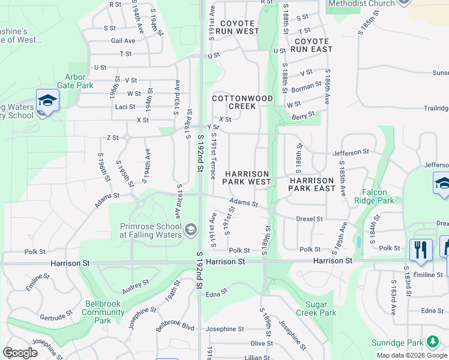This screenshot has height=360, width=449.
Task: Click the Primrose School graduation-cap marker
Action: [191, 229]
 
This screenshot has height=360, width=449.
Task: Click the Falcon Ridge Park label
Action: [375, 196]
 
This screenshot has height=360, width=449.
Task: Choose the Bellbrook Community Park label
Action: [103, 312]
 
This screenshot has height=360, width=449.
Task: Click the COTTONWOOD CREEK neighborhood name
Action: [243, 102]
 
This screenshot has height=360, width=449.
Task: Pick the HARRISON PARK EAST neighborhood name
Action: [312, 184]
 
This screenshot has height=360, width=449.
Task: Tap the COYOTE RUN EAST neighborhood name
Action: [312, 45]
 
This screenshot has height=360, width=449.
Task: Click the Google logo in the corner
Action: [20, 353]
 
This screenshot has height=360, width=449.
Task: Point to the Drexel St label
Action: [309, 219]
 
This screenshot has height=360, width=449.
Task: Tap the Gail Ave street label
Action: [122, 41]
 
